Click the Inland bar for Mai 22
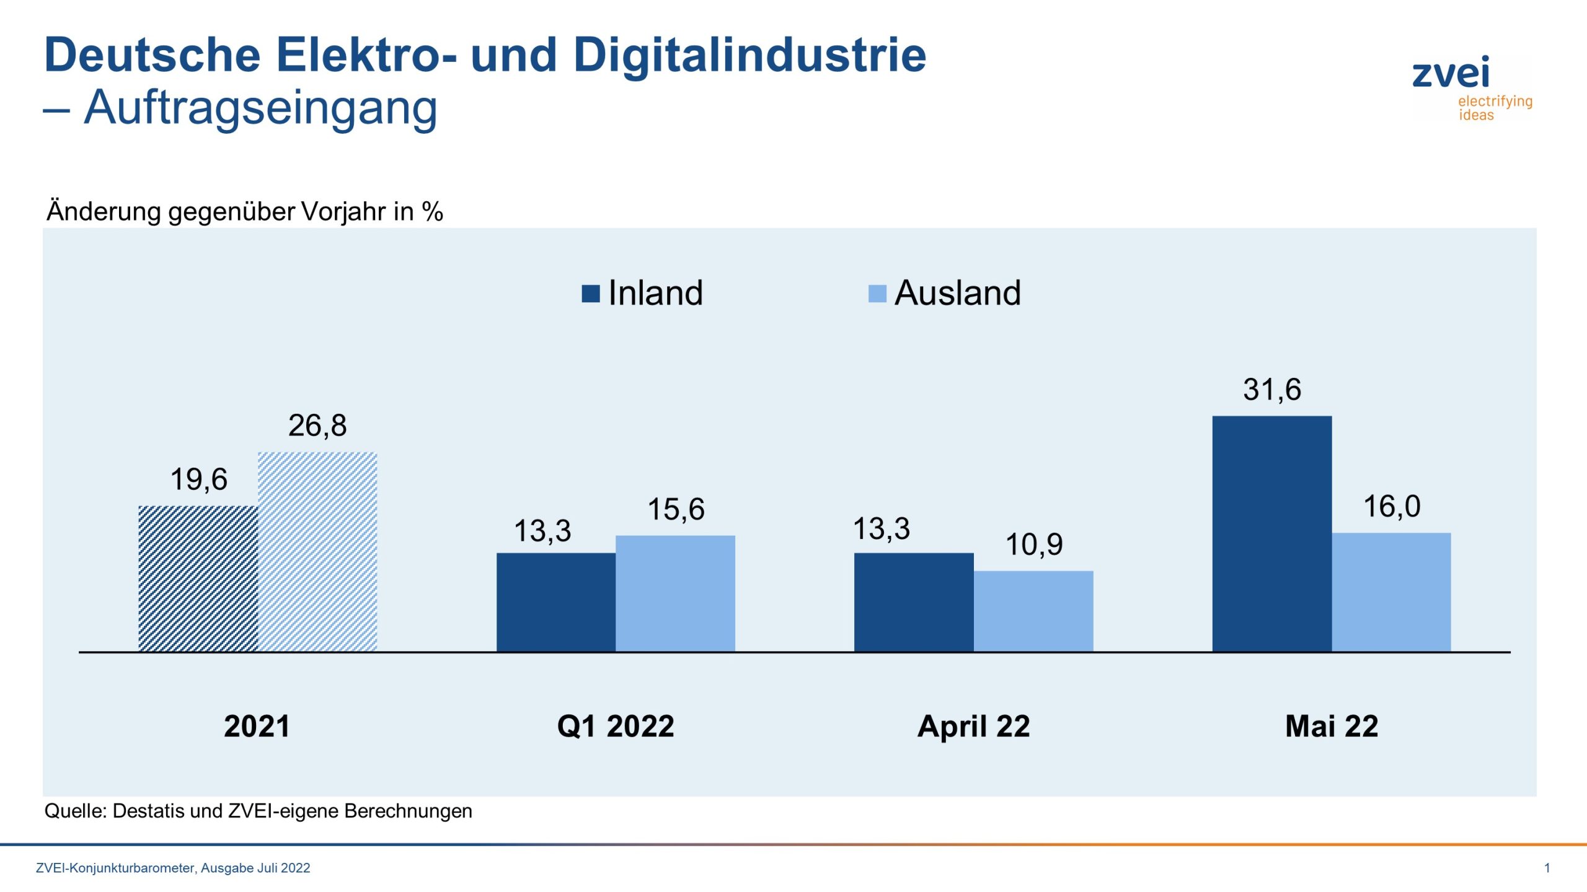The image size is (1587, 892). tap(1271, 534)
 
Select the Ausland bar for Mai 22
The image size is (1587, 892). tap(1391, 592)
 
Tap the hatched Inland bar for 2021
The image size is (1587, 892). tap(198, 579)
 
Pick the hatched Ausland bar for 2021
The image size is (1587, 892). tap(317, 551)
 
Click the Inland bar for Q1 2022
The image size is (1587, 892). tap(555, 602)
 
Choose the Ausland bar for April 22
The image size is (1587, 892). tap(1033, 611)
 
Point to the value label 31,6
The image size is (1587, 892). tap(1271, 390)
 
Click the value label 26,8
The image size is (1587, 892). tap(317, 426)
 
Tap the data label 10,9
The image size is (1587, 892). tap(1033, 545)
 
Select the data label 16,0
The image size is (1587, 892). tap(1391, 507)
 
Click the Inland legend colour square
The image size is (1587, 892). tap(590, 294)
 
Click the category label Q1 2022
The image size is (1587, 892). tap(615, 726)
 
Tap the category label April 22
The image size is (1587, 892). tap(973, 726)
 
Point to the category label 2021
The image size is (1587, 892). tap(257, 726)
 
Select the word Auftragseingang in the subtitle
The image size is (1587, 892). tap(260, 108)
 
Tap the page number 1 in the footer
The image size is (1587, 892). tap(1547, 868)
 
